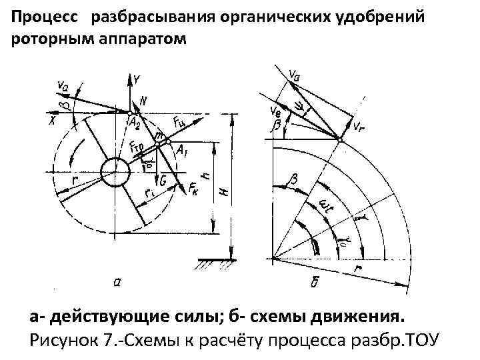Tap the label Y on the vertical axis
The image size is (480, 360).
136,79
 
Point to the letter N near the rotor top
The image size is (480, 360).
143,101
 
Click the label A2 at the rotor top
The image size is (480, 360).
135,123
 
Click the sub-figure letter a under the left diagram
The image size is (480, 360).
117,282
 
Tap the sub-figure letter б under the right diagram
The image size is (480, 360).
315,281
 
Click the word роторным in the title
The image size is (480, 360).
45,38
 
